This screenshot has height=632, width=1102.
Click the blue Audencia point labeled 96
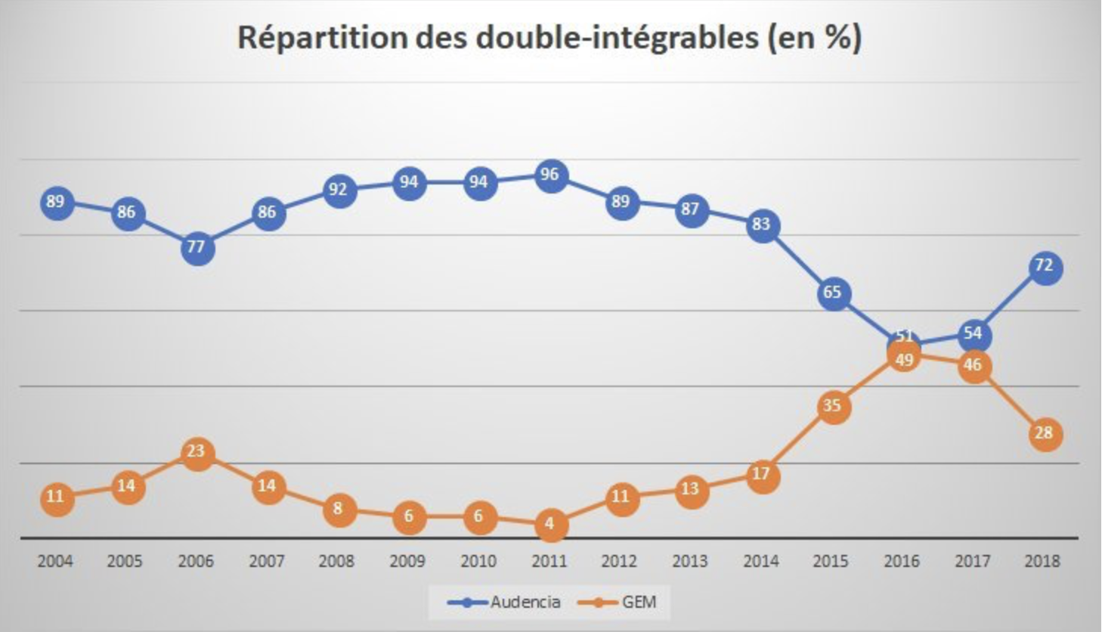pos(550,175)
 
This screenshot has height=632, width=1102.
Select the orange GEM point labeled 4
pos(550,524)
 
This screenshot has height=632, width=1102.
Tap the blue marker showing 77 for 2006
pos(197,248)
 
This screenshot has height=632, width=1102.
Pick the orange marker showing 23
pos(197,452)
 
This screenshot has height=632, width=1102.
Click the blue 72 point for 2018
pos(1045,267)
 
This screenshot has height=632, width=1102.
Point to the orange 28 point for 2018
pos(1045,434)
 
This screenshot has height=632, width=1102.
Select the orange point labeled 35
pos(833,407)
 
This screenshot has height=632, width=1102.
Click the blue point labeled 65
pos(833,293)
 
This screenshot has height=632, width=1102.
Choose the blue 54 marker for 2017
pos(974,334)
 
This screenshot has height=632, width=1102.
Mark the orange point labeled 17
pos(762,476)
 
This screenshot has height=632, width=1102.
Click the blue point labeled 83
pos(762,225)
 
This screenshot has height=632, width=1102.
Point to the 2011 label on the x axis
pos(549,562)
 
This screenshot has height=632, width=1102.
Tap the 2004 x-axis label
pos(55,562)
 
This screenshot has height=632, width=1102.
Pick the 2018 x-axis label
pos(1042,562)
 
